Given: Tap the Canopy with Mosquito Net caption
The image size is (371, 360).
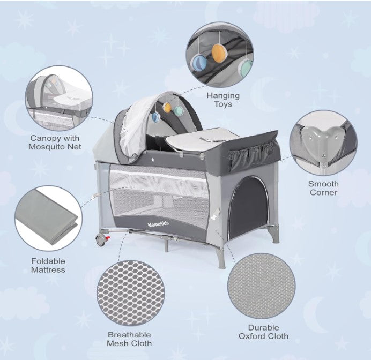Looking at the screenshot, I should click(x=55, y=142).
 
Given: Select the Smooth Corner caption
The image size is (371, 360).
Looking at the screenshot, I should click(x=323, y=188).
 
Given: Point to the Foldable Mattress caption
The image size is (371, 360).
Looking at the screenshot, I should click(x=48, y=266).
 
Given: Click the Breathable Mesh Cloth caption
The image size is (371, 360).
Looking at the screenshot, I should click(x=130, y=339).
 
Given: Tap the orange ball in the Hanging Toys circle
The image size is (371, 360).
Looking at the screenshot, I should click(x=219, y=52).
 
